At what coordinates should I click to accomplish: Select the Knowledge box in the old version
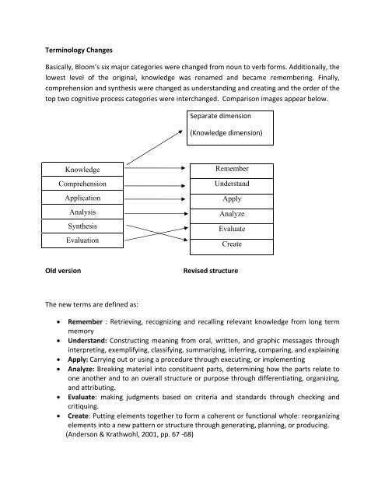pyautogui.click(x=77, y=170)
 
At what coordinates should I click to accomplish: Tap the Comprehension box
pyautogui.click(x=77, y=184)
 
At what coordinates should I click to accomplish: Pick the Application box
pyautogui.click(x=77, y=198)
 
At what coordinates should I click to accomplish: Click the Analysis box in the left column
pyautogui.click(x=77, y=212)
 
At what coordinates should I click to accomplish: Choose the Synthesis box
pyautogui.click(x=77, y=226)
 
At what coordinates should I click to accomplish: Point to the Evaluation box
pyautogui.click(x=77, y=241)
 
